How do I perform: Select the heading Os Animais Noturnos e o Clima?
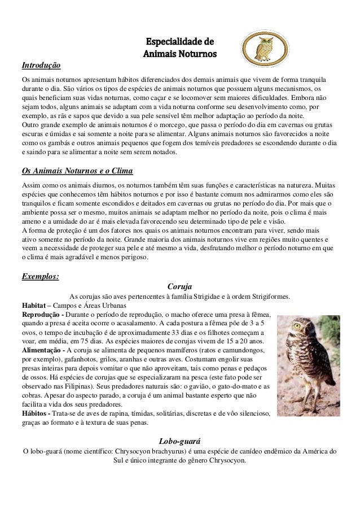click(x=77, y=171)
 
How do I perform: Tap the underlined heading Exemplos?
click(x=40, y=276)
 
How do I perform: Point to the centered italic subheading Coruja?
click(x=179, y=287)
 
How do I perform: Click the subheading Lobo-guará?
click(x=180, y=441)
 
